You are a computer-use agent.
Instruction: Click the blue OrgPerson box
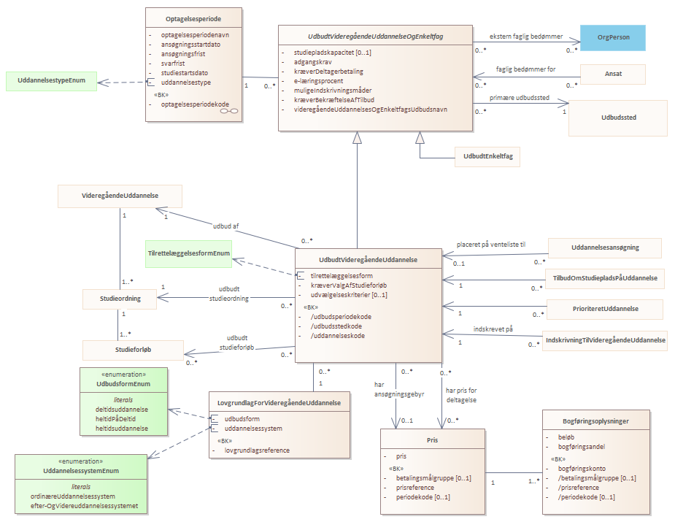click(612, 37)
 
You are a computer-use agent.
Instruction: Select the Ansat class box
click(612, 74)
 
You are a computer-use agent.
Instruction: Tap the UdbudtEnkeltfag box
click(487, 156)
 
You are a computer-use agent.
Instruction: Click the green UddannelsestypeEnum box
click(51, 80)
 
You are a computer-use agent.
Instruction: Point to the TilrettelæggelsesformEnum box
click(188, 253)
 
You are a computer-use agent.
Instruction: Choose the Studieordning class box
click(120, 299)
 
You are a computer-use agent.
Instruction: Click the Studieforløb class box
click(133, 350)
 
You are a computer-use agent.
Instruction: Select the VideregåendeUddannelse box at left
click(120, 196)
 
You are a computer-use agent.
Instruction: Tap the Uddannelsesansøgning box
click(605, 247)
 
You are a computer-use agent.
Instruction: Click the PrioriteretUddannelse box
click(605, 309)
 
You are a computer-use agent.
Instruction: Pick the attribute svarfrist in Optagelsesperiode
click(173, 64)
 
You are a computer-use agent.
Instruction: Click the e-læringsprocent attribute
click(319, 81)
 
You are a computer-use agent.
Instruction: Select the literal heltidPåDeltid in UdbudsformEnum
click(115, 419)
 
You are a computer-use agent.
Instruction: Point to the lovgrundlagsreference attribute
click(257, 450)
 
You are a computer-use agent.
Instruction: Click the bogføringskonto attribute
click(582, 469)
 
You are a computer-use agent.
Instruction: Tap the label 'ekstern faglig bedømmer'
click(526, 37)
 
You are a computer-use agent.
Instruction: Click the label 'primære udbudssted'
click(519, 98)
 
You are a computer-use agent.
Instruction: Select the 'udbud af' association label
click(225, 226)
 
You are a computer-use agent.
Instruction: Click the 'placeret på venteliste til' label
click(491, 245)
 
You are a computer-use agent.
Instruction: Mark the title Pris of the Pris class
click(432, 440)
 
